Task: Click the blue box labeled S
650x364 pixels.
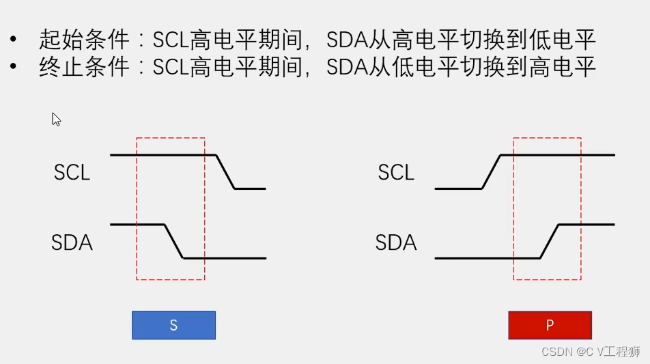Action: [x=173, y=325]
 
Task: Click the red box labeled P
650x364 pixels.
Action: [x=550, y=325]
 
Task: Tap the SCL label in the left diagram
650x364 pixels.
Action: [x=72, y=172]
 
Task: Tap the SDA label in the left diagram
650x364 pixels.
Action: [x=72, y=242]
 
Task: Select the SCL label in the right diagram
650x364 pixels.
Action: [x=396, y=172]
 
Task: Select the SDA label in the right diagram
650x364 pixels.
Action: [x=396, y=242]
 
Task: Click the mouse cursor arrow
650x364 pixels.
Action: [x=56, y=119]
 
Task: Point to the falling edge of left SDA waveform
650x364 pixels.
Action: [x=174, y=241]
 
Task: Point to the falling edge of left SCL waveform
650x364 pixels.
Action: [x=225, y=171]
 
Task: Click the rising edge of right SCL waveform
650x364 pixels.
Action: [x=492, y=171]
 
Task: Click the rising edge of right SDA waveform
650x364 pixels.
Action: [x=549, y=241]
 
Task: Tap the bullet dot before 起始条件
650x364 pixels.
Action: [x=14, y=39]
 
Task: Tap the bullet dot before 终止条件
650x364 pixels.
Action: [x=14, y=67]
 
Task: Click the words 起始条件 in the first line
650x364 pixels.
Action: [x=84, y=40]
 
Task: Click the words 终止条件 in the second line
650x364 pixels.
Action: [x=84, y=67]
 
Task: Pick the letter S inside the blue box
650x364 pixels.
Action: [x=173, y=326]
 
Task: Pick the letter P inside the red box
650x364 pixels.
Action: [x=550, y=326]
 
